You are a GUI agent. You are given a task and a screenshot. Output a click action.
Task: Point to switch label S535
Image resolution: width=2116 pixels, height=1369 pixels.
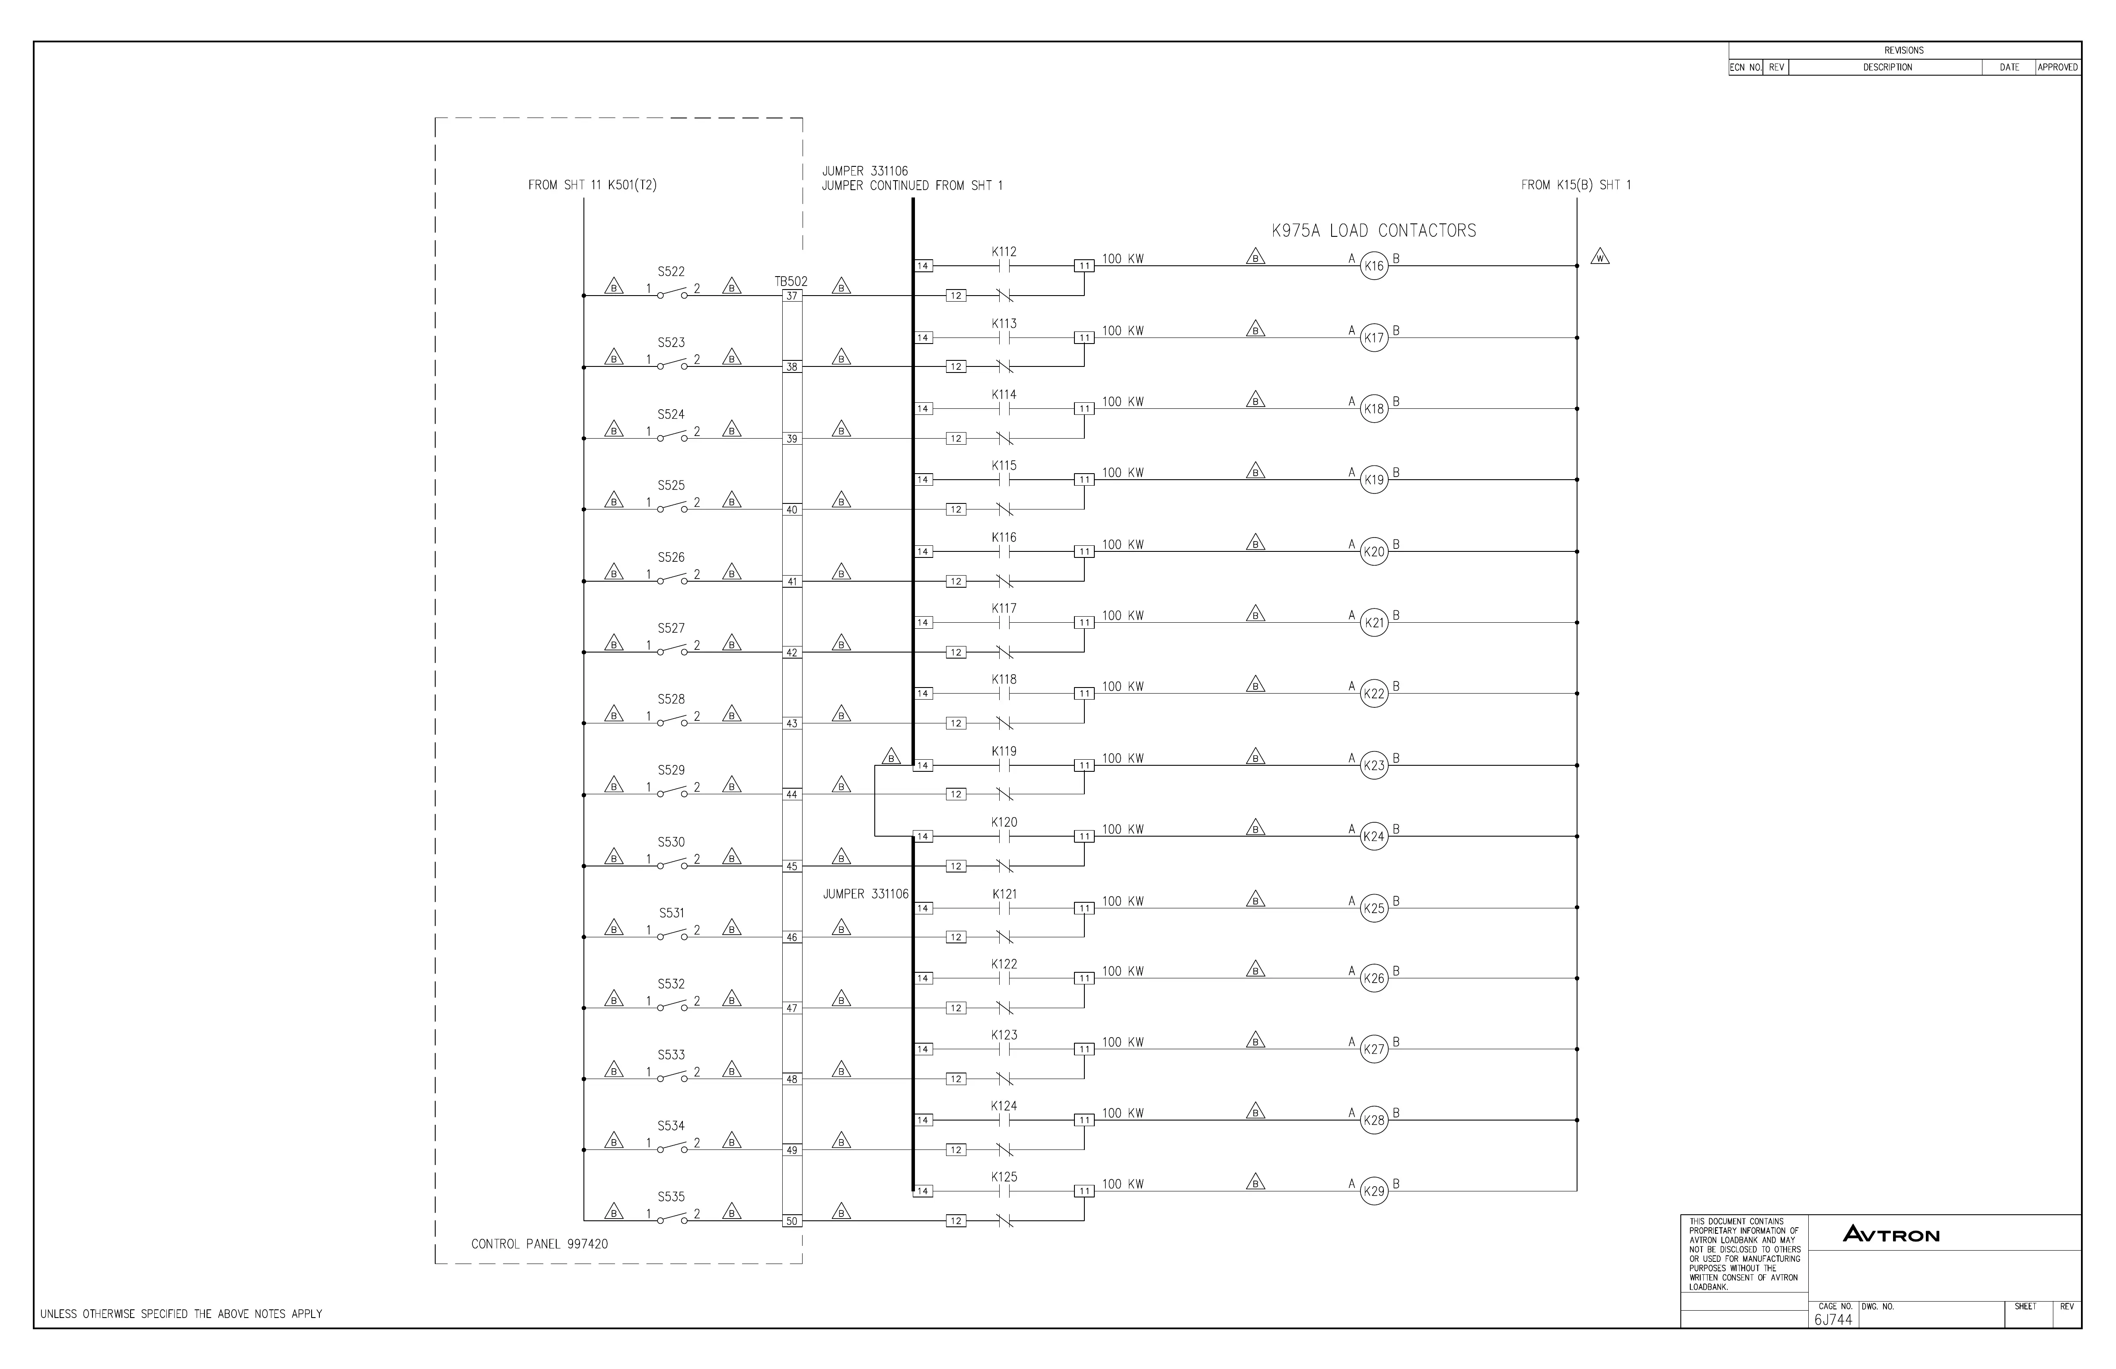(671, 1197)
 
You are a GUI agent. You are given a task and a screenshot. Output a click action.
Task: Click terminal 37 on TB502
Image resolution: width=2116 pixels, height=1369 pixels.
(791, 296)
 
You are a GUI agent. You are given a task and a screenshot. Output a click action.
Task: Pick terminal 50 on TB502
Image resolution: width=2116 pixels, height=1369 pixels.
(791, 1222)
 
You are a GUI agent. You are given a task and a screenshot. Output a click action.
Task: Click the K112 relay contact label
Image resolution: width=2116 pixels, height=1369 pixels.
(1004, 252)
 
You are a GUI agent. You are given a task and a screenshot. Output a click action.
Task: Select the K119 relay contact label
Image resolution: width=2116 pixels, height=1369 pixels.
(1004, 751)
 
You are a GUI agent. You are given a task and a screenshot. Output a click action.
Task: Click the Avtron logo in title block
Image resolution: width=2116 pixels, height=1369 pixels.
(1891, 1234)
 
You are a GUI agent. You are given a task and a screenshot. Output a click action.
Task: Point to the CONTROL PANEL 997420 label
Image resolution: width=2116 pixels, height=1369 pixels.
(540, 1244)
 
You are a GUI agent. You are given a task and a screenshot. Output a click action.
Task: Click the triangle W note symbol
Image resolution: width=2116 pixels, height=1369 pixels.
(1600, 258)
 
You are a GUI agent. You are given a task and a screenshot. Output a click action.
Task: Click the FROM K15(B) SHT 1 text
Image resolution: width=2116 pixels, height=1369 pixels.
(1575, 185)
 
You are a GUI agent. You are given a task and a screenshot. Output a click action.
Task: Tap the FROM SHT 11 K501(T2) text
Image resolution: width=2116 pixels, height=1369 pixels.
(592, 185)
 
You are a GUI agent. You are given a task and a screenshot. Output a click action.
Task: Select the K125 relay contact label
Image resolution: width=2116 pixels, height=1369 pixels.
(1004, 1177)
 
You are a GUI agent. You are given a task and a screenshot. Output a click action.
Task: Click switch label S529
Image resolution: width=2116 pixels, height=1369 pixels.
(671, 770)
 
